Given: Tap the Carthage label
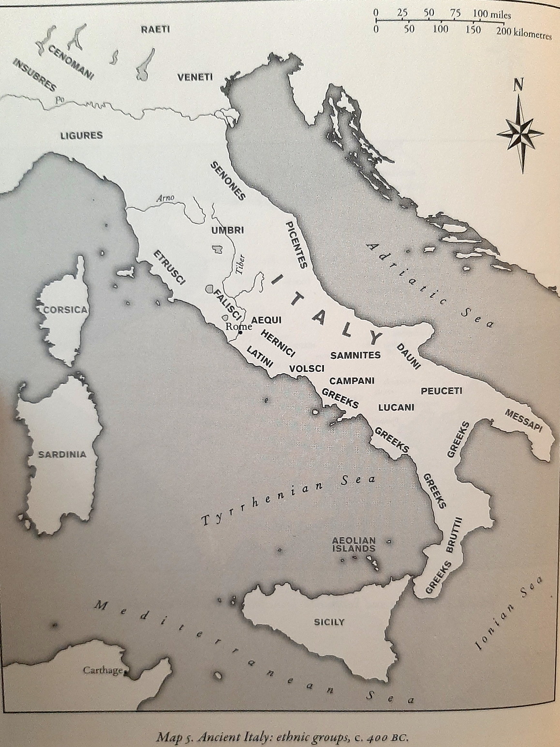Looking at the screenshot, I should (x=102, y=671).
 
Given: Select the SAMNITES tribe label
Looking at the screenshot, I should (x=355, y=355).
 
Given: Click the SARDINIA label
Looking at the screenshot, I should (x=62, y=454).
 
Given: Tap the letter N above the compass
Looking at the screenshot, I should (x=518, y=86).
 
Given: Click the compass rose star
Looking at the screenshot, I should (x=520, y=132).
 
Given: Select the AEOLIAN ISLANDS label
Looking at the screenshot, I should (x=354, y=544).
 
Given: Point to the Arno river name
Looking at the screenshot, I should (x=165, y=198).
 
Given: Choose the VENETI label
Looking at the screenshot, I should (x=195, y=77).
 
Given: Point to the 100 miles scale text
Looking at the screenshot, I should (x=492, y=15).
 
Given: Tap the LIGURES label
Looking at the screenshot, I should (x=81, y=135).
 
